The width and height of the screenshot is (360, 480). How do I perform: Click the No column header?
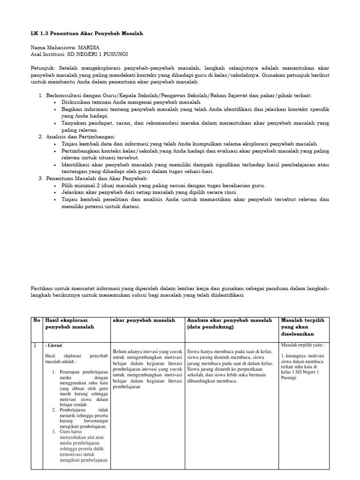[37, 320]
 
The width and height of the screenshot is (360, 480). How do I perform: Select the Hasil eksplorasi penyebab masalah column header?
[70, 323]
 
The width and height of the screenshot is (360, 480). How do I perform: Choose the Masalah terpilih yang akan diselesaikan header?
[302, 327]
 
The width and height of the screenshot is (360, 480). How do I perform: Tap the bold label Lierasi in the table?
[55, 345]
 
